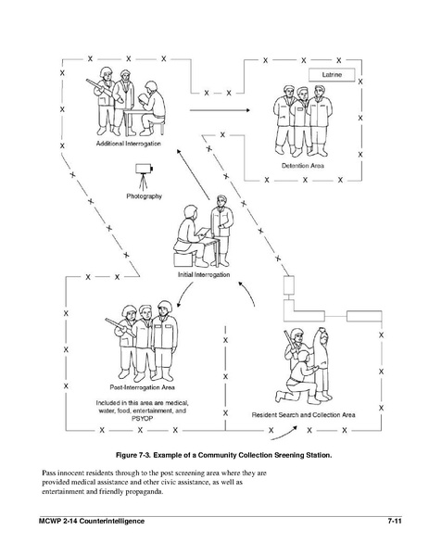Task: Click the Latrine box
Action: [x=332, y=75]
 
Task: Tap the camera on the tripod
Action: [x=144, y=168]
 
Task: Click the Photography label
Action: [x=144, y=196]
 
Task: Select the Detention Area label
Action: [x=303, y=166]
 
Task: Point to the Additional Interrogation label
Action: [x=129, y=144]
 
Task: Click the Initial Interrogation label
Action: [x=204, y=274]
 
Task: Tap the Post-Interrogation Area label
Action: [x=142, y=387]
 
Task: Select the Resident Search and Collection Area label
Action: [x=303, y=415]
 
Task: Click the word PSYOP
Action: [x=142, y=419]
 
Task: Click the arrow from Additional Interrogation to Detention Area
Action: [x=220, y=110]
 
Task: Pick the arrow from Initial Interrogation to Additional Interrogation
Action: [x=194, y=173]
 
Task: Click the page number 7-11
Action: [x=395, y=521]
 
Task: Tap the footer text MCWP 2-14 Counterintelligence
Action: [x=92, y=521]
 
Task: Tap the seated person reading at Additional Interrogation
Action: [x=152, y=108]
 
